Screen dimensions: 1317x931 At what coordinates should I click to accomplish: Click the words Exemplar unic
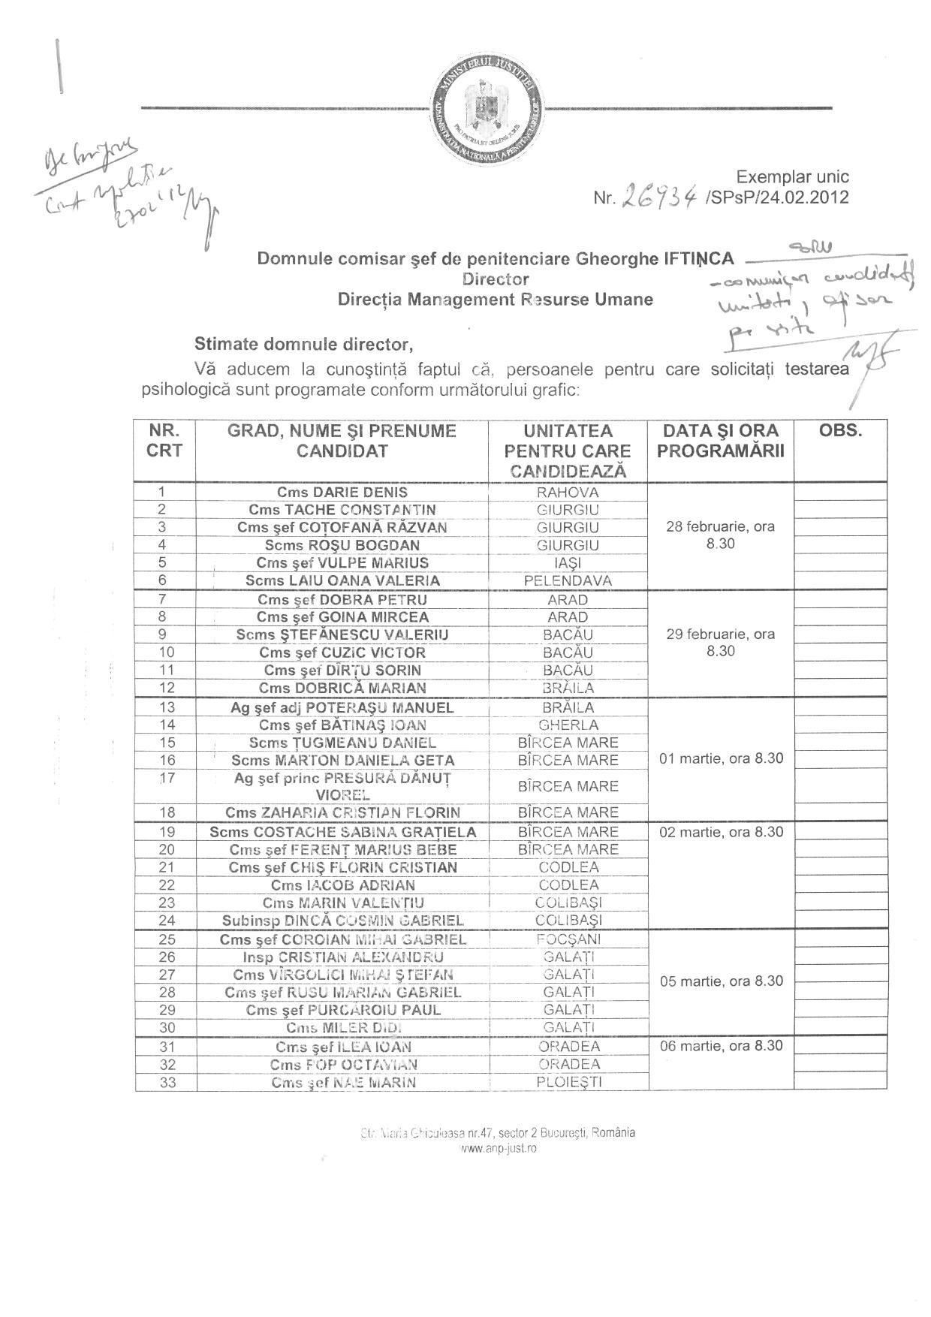792,177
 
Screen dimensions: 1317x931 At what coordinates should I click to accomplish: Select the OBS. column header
840,431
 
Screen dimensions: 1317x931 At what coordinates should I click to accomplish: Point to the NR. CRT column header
164,441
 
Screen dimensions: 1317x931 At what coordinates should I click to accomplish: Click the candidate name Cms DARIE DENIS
342,493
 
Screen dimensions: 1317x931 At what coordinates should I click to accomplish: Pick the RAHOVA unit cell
568,493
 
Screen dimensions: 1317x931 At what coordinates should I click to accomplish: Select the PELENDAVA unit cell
568,580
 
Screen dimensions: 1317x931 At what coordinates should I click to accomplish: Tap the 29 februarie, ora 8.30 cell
721,642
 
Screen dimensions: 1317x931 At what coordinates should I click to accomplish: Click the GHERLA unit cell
568,725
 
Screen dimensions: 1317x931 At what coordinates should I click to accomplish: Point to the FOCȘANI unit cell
568,939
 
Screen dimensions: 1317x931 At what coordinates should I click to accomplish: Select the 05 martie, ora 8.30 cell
721,981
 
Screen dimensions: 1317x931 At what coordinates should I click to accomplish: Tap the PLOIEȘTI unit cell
568,1082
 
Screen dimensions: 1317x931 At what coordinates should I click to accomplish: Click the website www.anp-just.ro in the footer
498,1148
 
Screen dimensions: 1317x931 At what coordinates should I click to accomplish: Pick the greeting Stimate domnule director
304,345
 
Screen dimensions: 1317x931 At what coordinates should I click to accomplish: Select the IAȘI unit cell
568,562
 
